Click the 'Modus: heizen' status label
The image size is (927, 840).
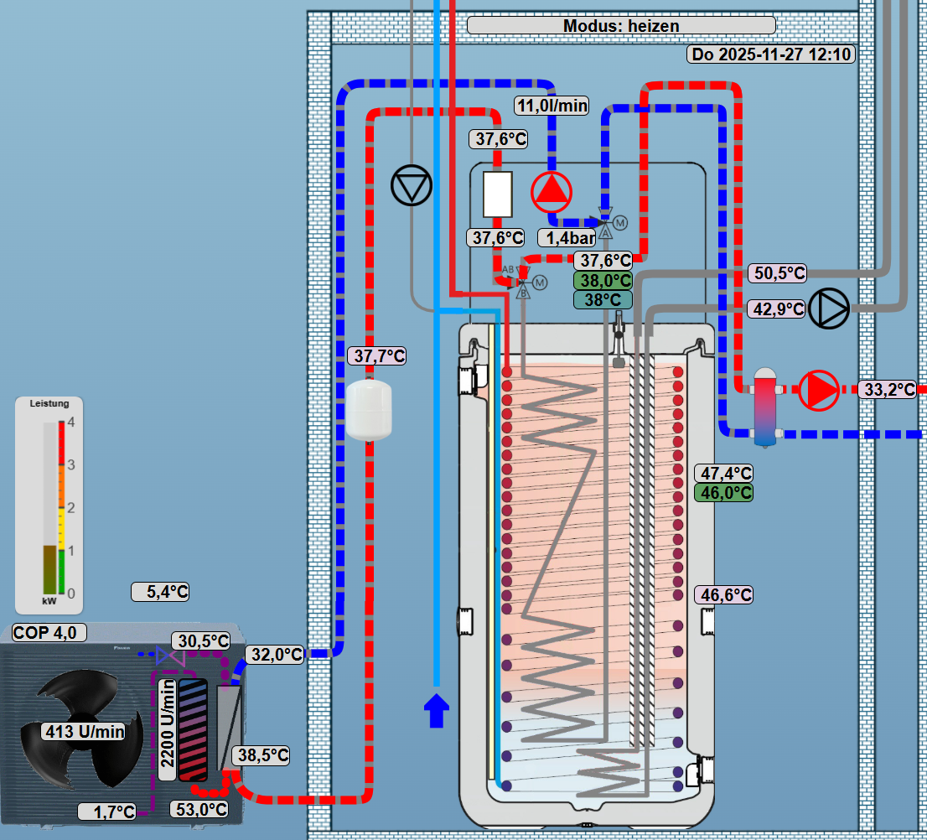click(620, 26)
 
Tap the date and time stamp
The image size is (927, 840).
click(771, 55)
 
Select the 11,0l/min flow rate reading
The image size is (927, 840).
click(552, 106)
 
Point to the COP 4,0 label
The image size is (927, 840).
click(49, 632)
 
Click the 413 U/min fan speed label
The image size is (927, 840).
click(84, 731)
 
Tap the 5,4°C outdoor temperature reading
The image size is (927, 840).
click(161, 592)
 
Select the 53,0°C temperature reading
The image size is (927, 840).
click(199, 809)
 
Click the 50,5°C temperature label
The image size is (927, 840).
click(776, 273)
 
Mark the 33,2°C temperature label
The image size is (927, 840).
click(889, 389)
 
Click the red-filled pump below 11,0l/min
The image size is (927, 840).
click(551, 191)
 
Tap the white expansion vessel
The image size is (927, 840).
click(369, 409)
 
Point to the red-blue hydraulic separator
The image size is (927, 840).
click(764, 405)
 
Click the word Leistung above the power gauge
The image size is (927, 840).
click(49, 403)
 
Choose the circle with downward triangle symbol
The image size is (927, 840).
click(411, 185)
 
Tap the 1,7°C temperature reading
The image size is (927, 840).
click(106, 811)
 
